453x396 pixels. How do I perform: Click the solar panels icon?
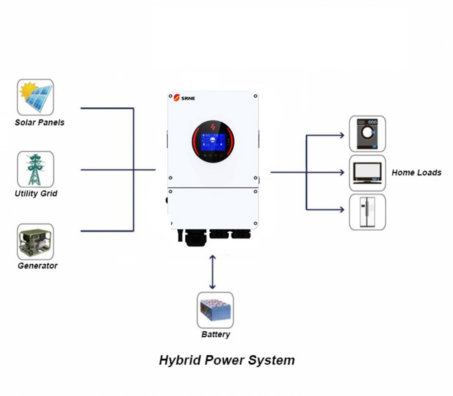coord(35,97)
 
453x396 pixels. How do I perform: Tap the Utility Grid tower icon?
coord(35,169)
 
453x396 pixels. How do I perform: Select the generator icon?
coord(35,242)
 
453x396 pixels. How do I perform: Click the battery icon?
coord(215,310)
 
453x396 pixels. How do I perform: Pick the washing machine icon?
coord(367,134)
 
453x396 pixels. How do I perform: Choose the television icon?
coord(367,173)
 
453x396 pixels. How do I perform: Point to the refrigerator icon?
coord(367,212)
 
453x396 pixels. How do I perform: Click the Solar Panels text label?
coord(39,122)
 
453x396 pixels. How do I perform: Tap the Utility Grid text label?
coord(36,194)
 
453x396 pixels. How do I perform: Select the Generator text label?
coord(38,266)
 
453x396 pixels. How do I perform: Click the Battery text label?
coord(216,334)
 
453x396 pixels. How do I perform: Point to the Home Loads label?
coord(416,172)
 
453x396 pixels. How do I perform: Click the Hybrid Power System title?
coord(226,360)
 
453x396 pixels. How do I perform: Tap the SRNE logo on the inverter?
coord(184,98)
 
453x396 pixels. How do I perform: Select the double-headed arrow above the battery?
coord(212,272)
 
